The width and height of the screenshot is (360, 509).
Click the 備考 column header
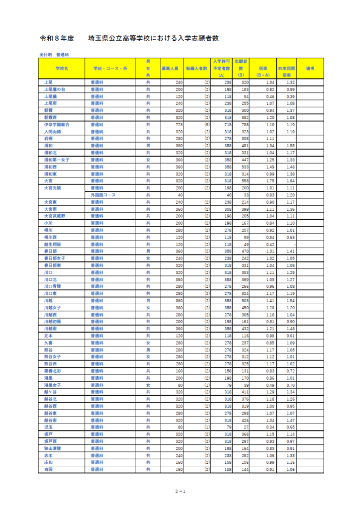coord(310,68)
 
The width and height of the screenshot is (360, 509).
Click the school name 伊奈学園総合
coord(56,125)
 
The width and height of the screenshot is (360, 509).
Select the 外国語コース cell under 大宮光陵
coord(103,195)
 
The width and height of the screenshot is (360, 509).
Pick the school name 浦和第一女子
coord(56,160)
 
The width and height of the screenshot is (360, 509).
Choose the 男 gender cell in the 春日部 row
coord(148,252)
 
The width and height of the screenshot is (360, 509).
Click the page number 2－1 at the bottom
coord(180,491)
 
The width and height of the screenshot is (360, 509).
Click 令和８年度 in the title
coord(57,38)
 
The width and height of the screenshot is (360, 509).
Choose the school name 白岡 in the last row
coord(48,469)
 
